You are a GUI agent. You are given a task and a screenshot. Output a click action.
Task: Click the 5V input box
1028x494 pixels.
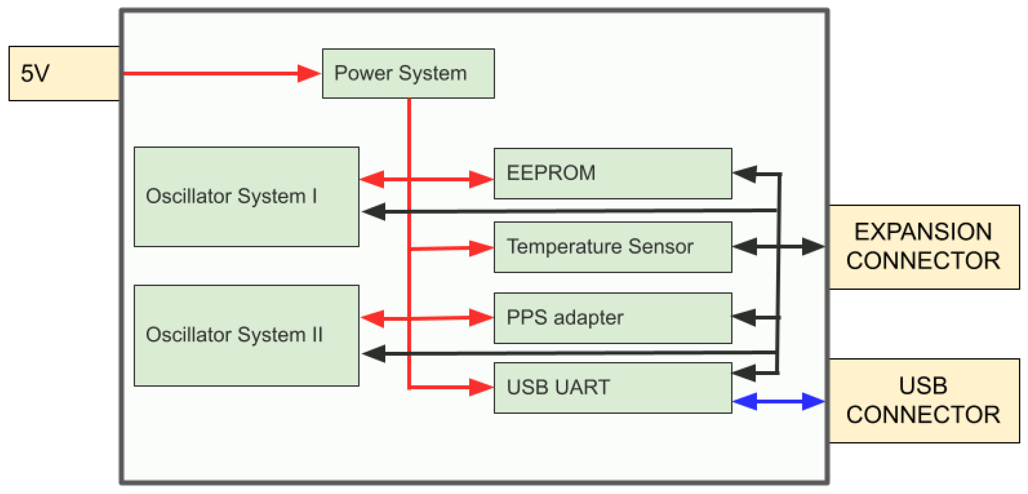pos(64,73)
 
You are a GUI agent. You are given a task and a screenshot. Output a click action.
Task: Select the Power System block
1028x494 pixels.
pos(408,73)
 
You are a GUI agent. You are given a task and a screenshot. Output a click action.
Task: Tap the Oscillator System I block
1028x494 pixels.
pos(246,196)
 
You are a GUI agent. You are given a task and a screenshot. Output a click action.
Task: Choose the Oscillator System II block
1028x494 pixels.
pos(246,335)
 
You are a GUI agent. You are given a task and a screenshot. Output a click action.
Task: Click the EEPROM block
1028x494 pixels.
pos(612,173)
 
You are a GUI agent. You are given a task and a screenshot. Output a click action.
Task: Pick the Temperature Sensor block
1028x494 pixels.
pos(612,247)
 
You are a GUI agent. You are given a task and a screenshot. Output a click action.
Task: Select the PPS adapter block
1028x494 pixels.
pos(612,318)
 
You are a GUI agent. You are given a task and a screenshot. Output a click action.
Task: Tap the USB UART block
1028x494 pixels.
pos(612,387)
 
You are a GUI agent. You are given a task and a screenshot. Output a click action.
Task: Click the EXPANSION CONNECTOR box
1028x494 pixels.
pos(924,247)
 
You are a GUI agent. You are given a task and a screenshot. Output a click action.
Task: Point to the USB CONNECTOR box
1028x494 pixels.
pos(924,400)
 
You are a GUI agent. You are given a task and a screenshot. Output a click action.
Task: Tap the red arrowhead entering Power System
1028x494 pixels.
pos(308,73)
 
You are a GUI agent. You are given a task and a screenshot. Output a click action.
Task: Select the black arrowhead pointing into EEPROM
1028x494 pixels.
pos(745,174)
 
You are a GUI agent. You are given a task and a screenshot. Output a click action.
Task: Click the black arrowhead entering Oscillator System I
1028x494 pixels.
pos(374,211)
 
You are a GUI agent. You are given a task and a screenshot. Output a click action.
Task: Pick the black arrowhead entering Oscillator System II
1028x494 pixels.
pos(374,354)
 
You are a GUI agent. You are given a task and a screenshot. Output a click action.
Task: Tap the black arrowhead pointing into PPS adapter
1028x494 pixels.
pos(745,317)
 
